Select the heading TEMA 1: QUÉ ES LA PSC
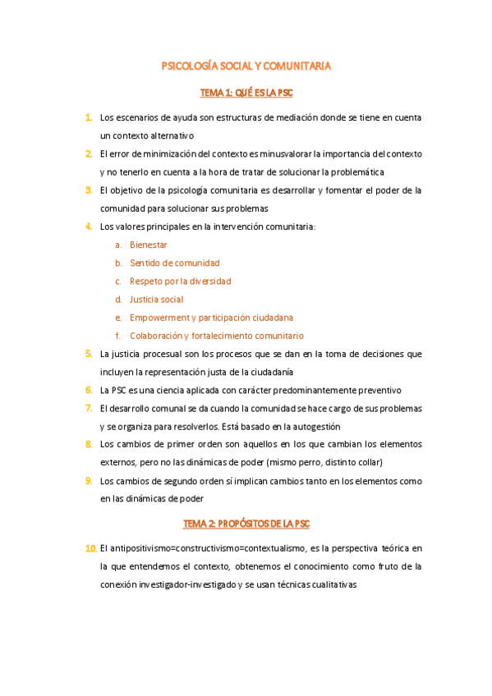246,93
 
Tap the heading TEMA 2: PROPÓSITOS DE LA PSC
246,523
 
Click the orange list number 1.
88,118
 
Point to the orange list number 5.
88,354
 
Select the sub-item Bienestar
149,245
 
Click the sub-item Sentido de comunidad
174,263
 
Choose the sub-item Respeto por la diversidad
180,282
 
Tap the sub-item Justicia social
156,300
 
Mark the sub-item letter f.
118,336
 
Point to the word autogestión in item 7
315,426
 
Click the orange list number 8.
88,444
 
